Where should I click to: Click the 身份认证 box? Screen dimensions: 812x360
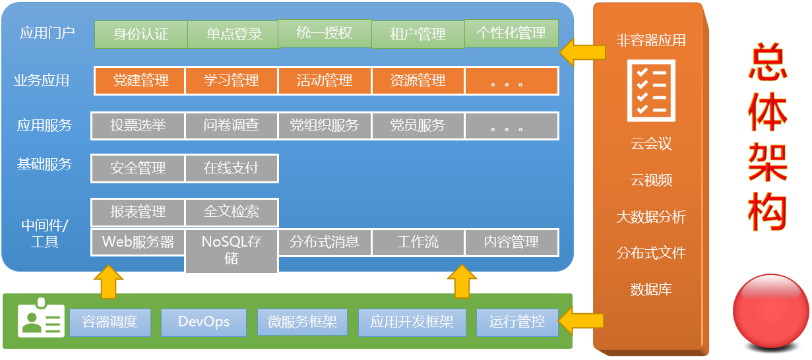[x=141, y=34]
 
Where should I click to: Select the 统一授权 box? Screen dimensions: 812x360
[x=325, y=34]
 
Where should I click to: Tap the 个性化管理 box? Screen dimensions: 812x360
[x=511, y=34]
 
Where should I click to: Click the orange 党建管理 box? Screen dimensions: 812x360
[x=140, y=80]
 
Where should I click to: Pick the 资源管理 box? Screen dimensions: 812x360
[x=418, y=80]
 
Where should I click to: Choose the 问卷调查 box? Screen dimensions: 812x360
[x=232, y=126]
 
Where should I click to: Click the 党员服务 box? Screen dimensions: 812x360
[x=418, y=126]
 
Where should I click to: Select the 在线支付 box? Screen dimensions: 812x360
[x=232, y=168]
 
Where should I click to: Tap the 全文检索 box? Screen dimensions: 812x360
[x=232, y=212]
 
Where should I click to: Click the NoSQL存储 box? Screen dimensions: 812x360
[x=232, y=251]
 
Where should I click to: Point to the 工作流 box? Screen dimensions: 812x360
[x=418, y=242]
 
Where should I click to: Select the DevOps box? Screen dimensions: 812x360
[x=204, y=322]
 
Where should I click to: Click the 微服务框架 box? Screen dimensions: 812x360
[x=302, y=322]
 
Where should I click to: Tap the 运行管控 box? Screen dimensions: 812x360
[x=517, y=322]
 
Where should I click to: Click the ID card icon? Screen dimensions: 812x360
[x=41, y=318]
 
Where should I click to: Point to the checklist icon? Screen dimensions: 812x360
[x=651, y=90]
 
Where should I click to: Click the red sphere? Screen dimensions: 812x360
[x=771, y=312]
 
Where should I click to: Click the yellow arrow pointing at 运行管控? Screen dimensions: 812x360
[x=581, y=321]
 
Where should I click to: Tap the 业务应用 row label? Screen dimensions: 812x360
[x=42, y=80]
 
